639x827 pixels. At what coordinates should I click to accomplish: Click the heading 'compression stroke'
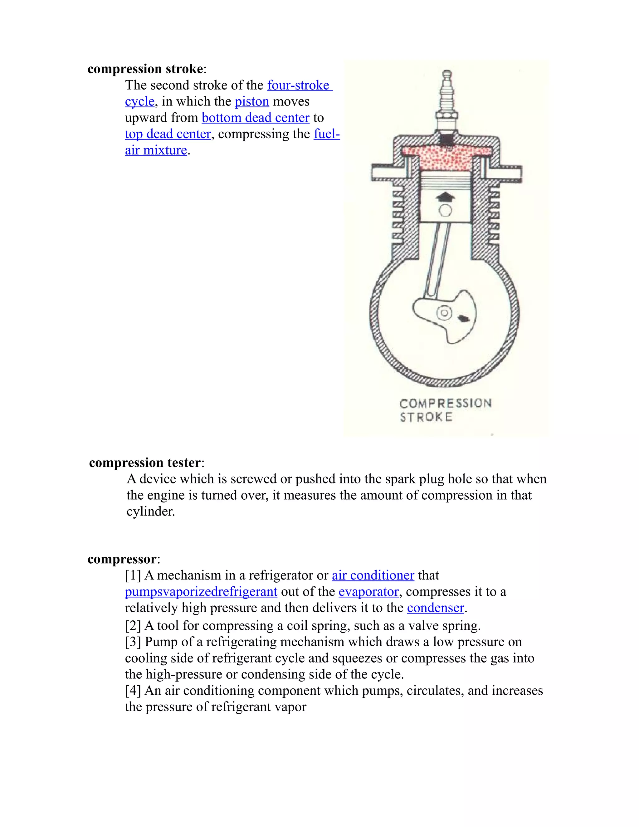coord(145,69)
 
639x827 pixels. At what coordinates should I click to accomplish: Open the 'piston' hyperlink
coord(252,101)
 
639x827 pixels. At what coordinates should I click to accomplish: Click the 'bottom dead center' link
coord(256,118)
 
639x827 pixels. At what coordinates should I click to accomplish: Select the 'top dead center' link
coord(168,134)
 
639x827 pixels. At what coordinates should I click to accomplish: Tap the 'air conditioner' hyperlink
coord(373,575)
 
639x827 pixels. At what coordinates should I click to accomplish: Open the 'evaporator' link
coord(368,591)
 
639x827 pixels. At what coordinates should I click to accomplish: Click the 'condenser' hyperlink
coord(435,608)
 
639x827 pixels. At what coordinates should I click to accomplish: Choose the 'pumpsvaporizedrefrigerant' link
coord(201,591)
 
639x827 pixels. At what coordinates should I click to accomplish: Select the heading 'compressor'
coord(122,559)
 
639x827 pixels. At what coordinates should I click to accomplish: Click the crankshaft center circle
coord(445,313)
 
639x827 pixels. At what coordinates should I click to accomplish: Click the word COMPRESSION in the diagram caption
coord(445,403)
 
